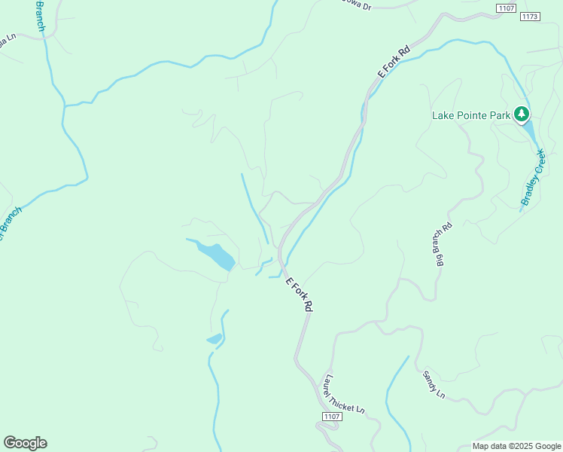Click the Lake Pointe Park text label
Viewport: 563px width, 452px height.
471,115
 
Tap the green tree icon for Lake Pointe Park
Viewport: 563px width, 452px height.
522,115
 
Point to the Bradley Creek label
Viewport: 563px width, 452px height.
532,178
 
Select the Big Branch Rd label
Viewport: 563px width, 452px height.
444,246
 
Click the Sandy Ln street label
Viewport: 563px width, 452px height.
434,384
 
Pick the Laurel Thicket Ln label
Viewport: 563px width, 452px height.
344,395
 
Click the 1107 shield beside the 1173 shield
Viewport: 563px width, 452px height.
506,8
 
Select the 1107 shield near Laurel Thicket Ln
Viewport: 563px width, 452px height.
332,417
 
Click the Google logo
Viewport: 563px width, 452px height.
25,443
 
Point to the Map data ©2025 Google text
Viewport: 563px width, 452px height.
516,446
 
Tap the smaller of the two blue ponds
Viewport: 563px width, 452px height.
215,339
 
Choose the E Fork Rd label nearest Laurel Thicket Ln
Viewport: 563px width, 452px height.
299,295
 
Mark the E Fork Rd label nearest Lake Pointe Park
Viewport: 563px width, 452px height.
394,63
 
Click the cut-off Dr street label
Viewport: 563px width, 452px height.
356,6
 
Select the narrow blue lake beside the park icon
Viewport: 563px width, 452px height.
531,132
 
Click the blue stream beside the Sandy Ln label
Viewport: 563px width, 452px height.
394,388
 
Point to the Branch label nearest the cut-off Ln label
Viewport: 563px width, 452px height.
39,16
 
